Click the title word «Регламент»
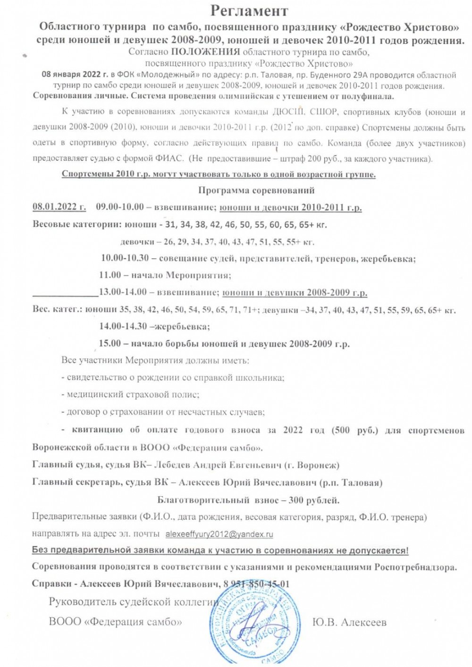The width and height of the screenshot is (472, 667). coord(249,10)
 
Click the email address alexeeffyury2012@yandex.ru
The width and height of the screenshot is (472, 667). coord(219,534)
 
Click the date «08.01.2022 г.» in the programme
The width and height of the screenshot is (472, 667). coord(59,207)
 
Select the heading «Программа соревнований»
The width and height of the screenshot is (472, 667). coord(256,190)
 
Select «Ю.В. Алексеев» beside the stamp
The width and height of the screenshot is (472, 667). coord(349,622)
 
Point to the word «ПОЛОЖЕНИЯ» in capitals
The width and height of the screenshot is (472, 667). coord(205,52)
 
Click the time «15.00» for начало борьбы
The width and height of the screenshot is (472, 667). coord(110,343)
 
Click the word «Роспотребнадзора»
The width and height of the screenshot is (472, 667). coord(416,567)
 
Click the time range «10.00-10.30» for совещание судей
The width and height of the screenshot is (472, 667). coord(125,258)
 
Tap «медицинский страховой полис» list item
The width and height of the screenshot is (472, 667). coord(133,394)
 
